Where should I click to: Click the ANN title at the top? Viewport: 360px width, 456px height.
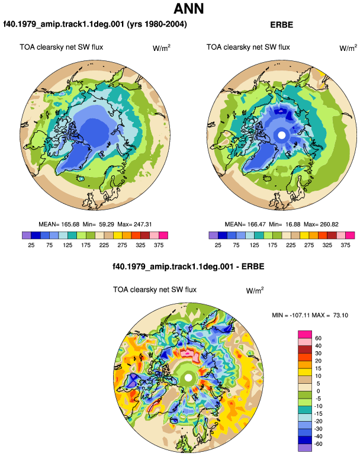188,8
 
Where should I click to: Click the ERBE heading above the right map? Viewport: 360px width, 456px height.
281,25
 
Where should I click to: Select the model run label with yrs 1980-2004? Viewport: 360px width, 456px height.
95,24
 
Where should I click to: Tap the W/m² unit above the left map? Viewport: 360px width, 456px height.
162,48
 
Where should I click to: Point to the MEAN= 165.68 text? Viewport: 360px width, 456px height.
59,224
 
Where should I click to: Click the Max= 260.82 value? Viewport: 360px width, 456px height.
321,224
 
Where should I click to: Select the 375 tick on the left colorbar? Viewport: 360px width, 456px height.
159,245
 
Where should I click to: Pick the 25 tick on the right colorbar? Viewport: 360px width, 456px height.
218,245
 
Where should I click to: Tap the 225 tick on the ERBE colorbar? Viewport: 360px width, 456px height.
291,245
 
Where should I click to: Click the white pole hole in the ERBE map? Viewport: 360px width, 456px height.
281,135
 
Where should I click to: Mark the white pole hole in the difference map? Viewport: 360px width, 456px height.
188,378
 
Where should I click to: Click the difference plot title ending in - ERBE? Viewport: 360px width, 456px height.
188,266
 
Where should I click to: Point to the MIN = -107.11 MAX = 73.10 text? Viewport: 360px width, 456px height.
310,315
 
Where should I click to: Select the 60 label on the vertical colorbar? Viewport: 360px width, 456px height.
318,338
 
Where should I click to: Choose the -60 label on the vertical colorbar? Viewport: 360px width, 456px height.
319,444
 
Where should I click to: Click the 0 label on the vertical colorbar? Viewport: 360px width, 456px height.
318,391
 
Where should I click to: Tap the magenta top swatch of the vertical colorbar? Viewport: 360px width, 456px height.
305,335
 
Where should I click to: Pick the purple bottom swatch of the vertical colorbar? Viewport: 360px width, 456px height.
305,448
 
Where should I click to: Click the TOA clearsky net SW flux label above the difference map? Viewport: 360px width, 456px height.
155,290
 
